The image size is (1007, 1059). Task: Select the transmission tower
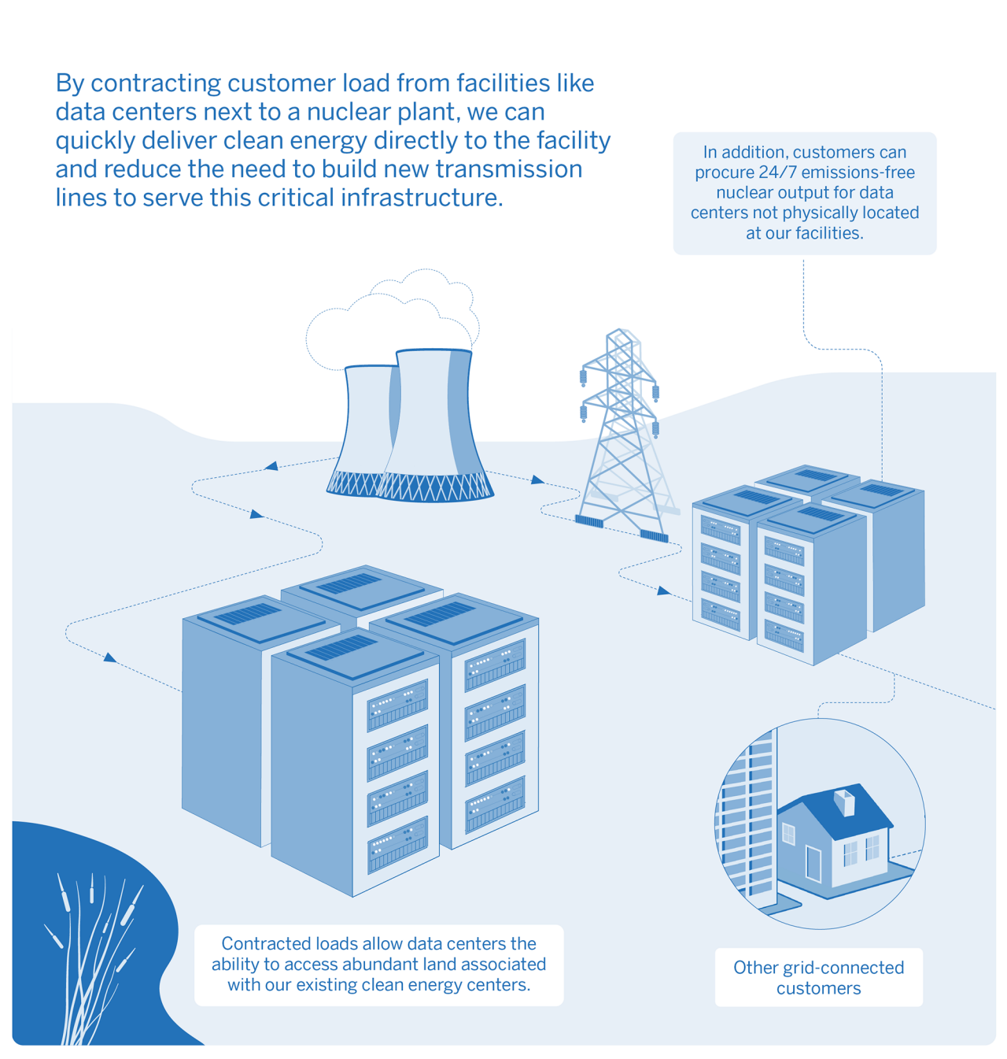point(625,435)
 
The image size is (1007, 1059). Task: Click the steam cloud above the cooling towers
point(392,319)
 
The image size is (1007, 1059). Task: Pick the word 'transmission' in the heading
point(508,169)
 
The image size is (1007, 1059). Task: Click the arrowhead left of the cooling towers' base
point(271,465)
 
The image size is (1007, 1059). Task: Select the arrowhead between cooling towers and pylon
point(537,479)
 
